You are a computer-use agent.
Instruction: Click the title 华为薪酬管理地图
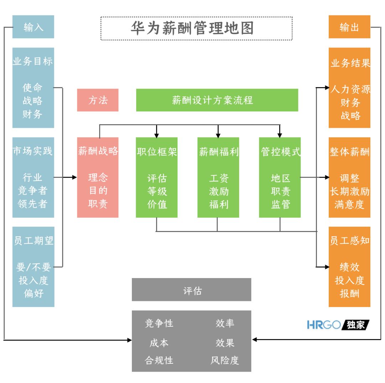pyautogui.click(x=192, y=28)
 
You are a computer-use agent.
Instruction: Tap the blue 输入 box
pyautogui.click(x=33, y=27)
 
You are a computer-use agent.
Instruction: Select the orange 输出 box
pyautogui.click(x=349, y=27)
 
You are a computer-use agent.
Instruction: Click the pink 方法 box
pyautogui.click(x=98, y=100)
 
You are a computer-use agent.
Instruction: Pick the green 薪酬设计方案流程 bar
pyautogui.click(x=217, y=100)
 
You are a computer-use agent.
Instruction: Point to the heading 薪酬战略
pyautogui.click(x=98, y=151)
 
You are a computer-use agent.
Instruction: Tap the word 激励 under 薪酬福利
pyautogui.click(x=219, y=191)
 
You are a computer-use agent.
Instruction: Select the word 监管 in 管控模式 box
pyautogui.click(x=280, y=205)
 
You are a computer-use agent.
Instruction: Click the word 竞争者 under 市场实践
pyautogui.click(x=33, y=191)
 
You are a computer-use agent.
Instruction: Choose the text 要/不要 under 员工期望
pyautogui.click(x=34, y=267)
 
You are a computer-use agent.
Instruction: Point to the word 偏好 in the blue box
pyautogui.click(x=34, y=293)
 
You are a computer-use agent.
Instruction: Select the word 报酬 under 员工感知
pyautogui.click(x=349, y=293)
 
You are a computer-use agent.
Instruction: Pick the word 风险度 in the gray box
pyautogui.click(x=224, y=360)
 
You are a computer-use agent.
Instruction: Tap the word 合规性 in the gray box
pyautogui.click(x=159, y=360)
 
